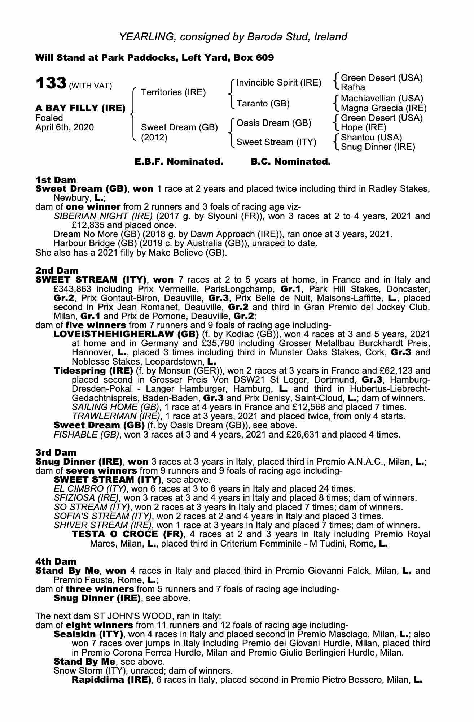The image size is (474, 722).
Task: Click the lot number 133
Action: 51,84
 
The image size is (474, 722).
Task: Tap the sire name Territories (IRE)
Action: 173,92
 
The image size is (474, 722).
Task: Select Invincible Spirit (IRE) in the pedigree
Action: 278,83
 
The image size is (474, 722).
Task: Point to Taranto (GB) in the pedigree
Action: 263,104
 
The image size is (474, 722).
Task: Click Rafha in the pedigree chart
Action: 353,87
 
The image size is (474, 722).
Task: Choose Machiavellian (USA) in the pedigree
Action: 382,99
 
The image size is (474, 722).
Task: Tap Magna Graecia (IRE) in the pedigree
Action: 383,108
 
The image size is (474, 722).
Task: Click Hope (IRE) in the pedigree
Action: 363,127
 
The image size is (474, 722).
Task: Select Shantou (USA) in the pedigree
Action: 371,138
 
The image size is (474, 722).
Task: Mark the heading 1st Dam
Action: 56,180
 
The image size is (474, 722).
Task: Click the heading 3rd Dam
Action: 56,452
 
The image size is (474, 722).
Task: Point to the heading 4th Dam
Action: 56,561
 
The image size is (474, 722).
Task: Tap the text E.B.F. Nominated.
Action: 179,162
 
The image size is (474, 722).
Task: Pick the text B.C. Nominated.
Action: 290,162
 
